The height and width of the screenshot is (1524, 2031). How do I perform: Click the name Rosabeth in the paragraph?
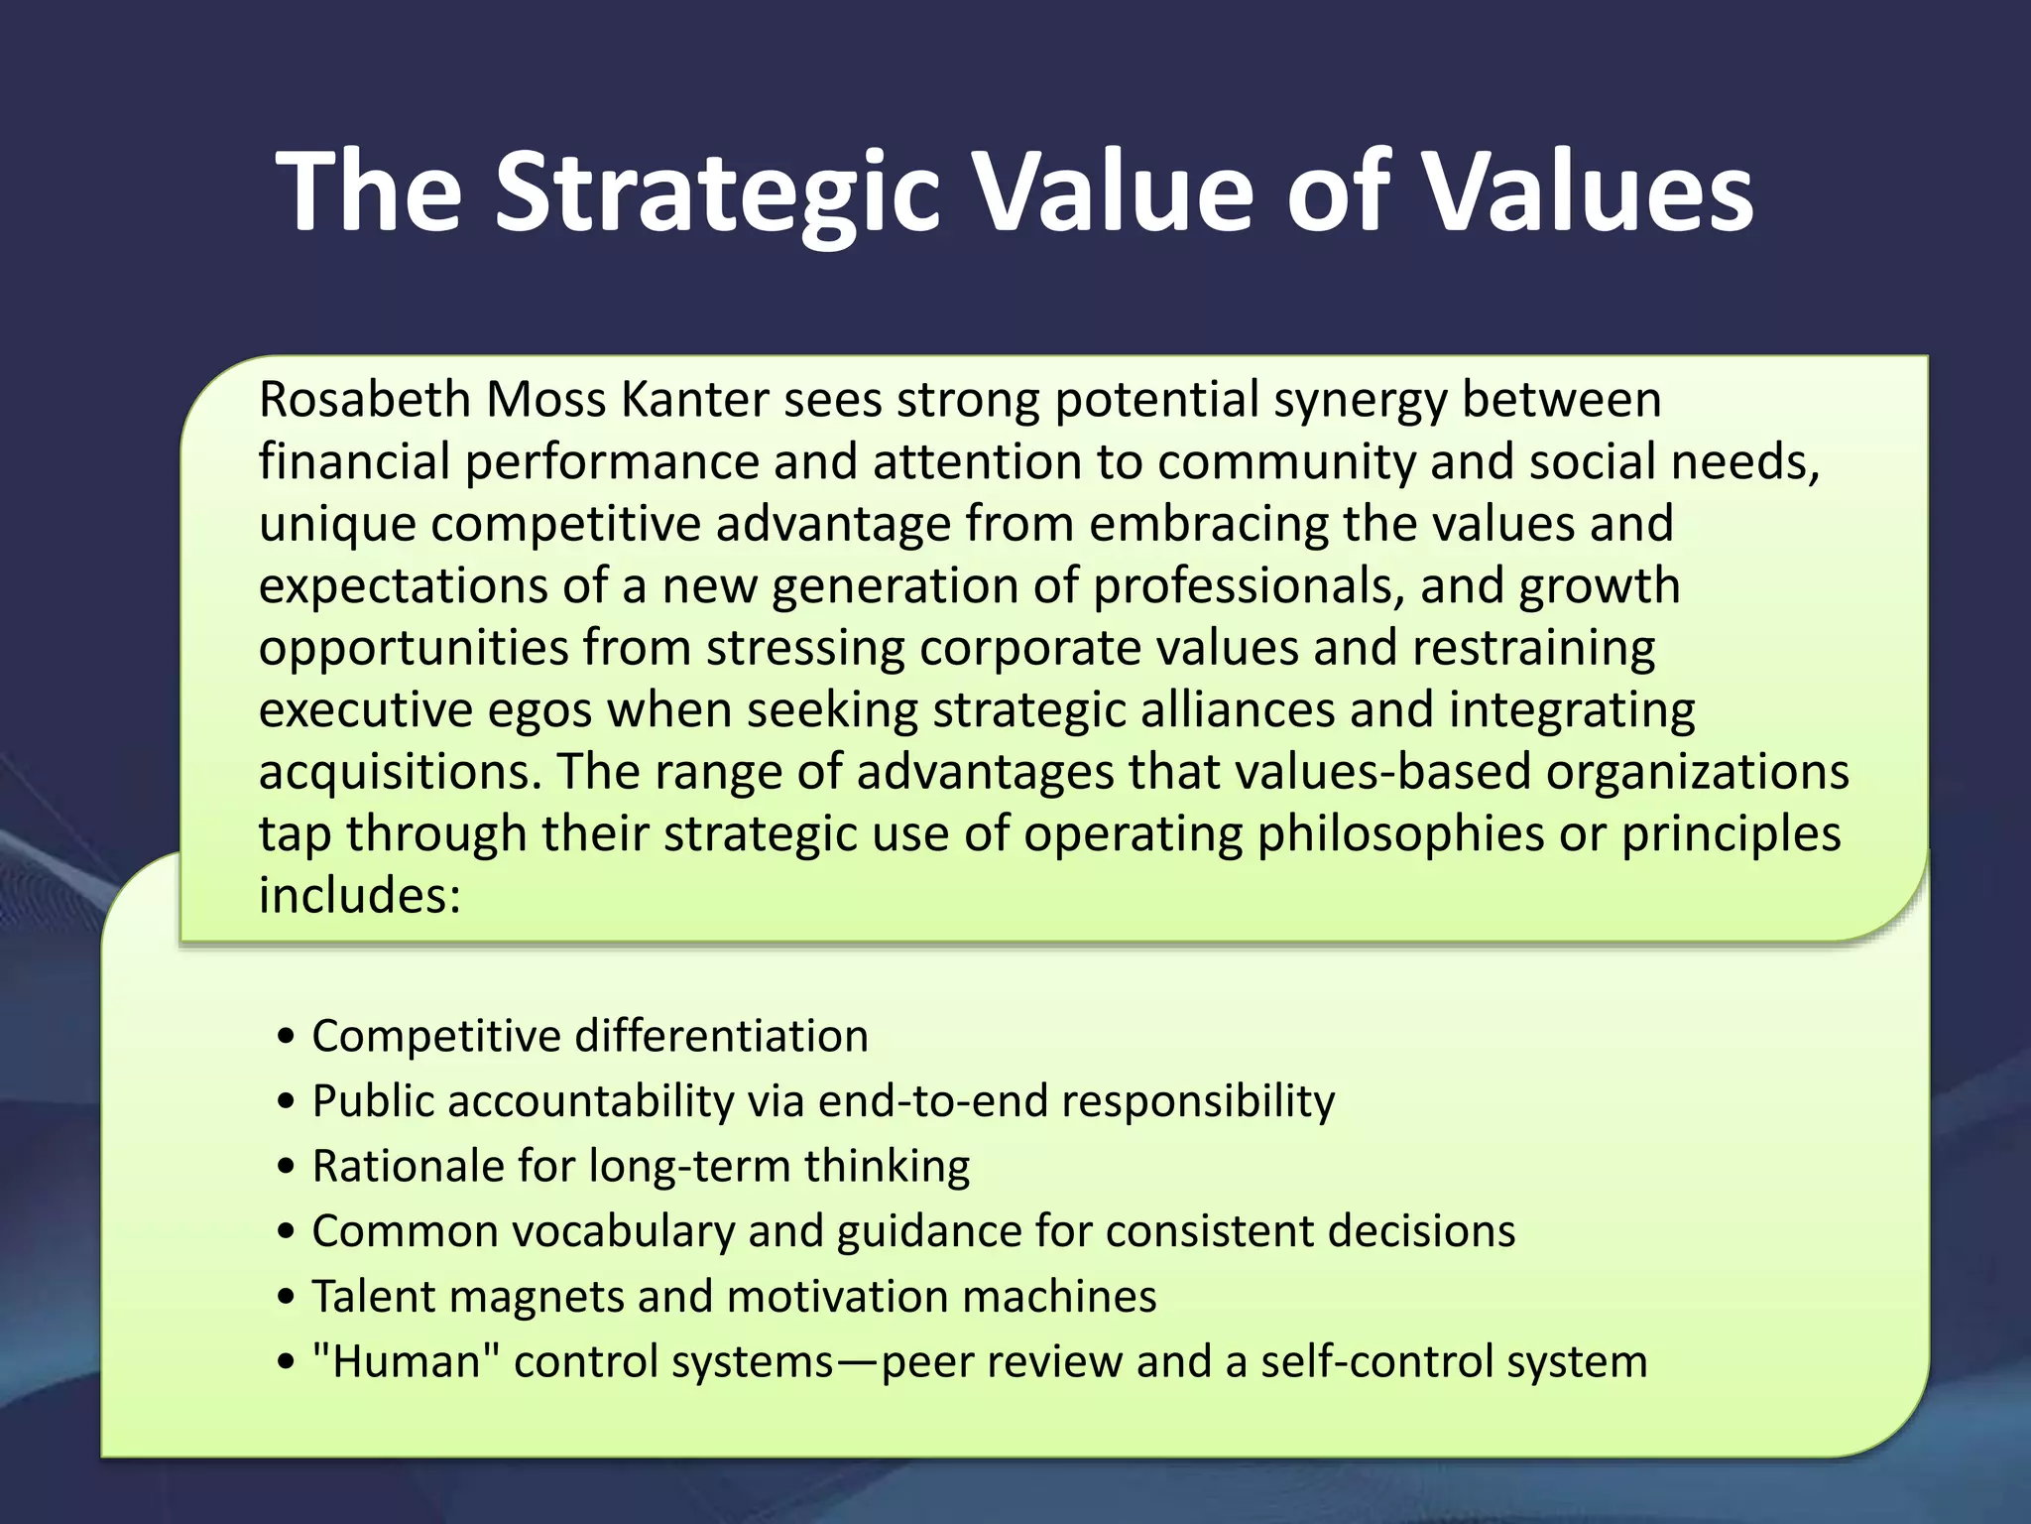coord(364,400)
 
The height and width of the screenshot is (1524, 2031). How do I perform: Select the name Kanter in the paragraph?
coord(694,400)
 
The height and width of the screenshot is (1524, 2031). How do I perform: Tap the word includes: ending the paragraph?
coord(360,895)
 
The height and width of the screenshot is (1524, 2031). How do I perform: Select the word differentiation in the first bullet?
coord(722,1036)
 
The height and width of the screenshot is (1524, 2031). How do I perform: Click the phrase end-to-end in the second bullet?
coord(932,1101)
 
